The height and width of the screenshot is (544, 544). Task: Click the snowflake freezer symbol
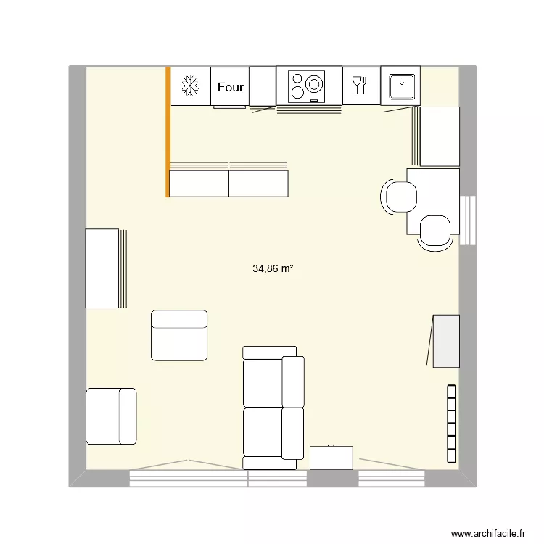pyautogui.click(x=190, y=86)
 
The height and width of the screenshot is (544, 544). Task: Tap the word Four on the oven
pyautogui.click(x=231, y=87)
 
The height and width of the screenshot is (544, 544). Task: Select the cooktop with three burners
pyautogui.click(x=308, y=86)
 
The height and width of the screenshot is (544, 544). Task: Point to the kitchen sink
pyautogui.click(x=400, y=86)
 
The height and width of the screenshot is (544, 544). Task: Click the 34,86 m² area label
pyautogui.click(x=273, y=268)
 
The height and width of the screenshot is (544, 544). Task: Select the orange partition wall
pyautogui.click(x=168, y=132)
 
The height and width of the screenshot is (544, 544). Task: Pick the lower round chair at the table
pyautogui.click(x=436, y=232)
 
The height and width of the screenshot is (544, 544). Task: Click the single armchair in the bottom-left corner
pyautogui.click(x=111, y=416)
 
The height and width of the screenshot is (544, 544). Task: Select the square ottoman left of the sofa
pyautogui.click(x=179, y=335)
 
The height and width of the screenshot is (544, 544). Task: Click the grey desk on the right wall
pyautogui.click(x=446, y=341)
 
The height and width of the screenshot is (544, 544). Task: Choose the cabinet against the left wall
pyautogui.click(x=102, y=268)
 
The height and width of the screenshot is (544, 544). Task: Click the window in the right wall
pyautogui.click(x=468, y=221)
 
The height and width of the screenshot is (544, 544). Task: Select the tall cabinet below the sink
pyautogui.click(x=440, y=136)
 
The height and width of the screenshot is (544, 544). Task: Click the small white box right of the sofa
pyautogui.click(x=331, y=458)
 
